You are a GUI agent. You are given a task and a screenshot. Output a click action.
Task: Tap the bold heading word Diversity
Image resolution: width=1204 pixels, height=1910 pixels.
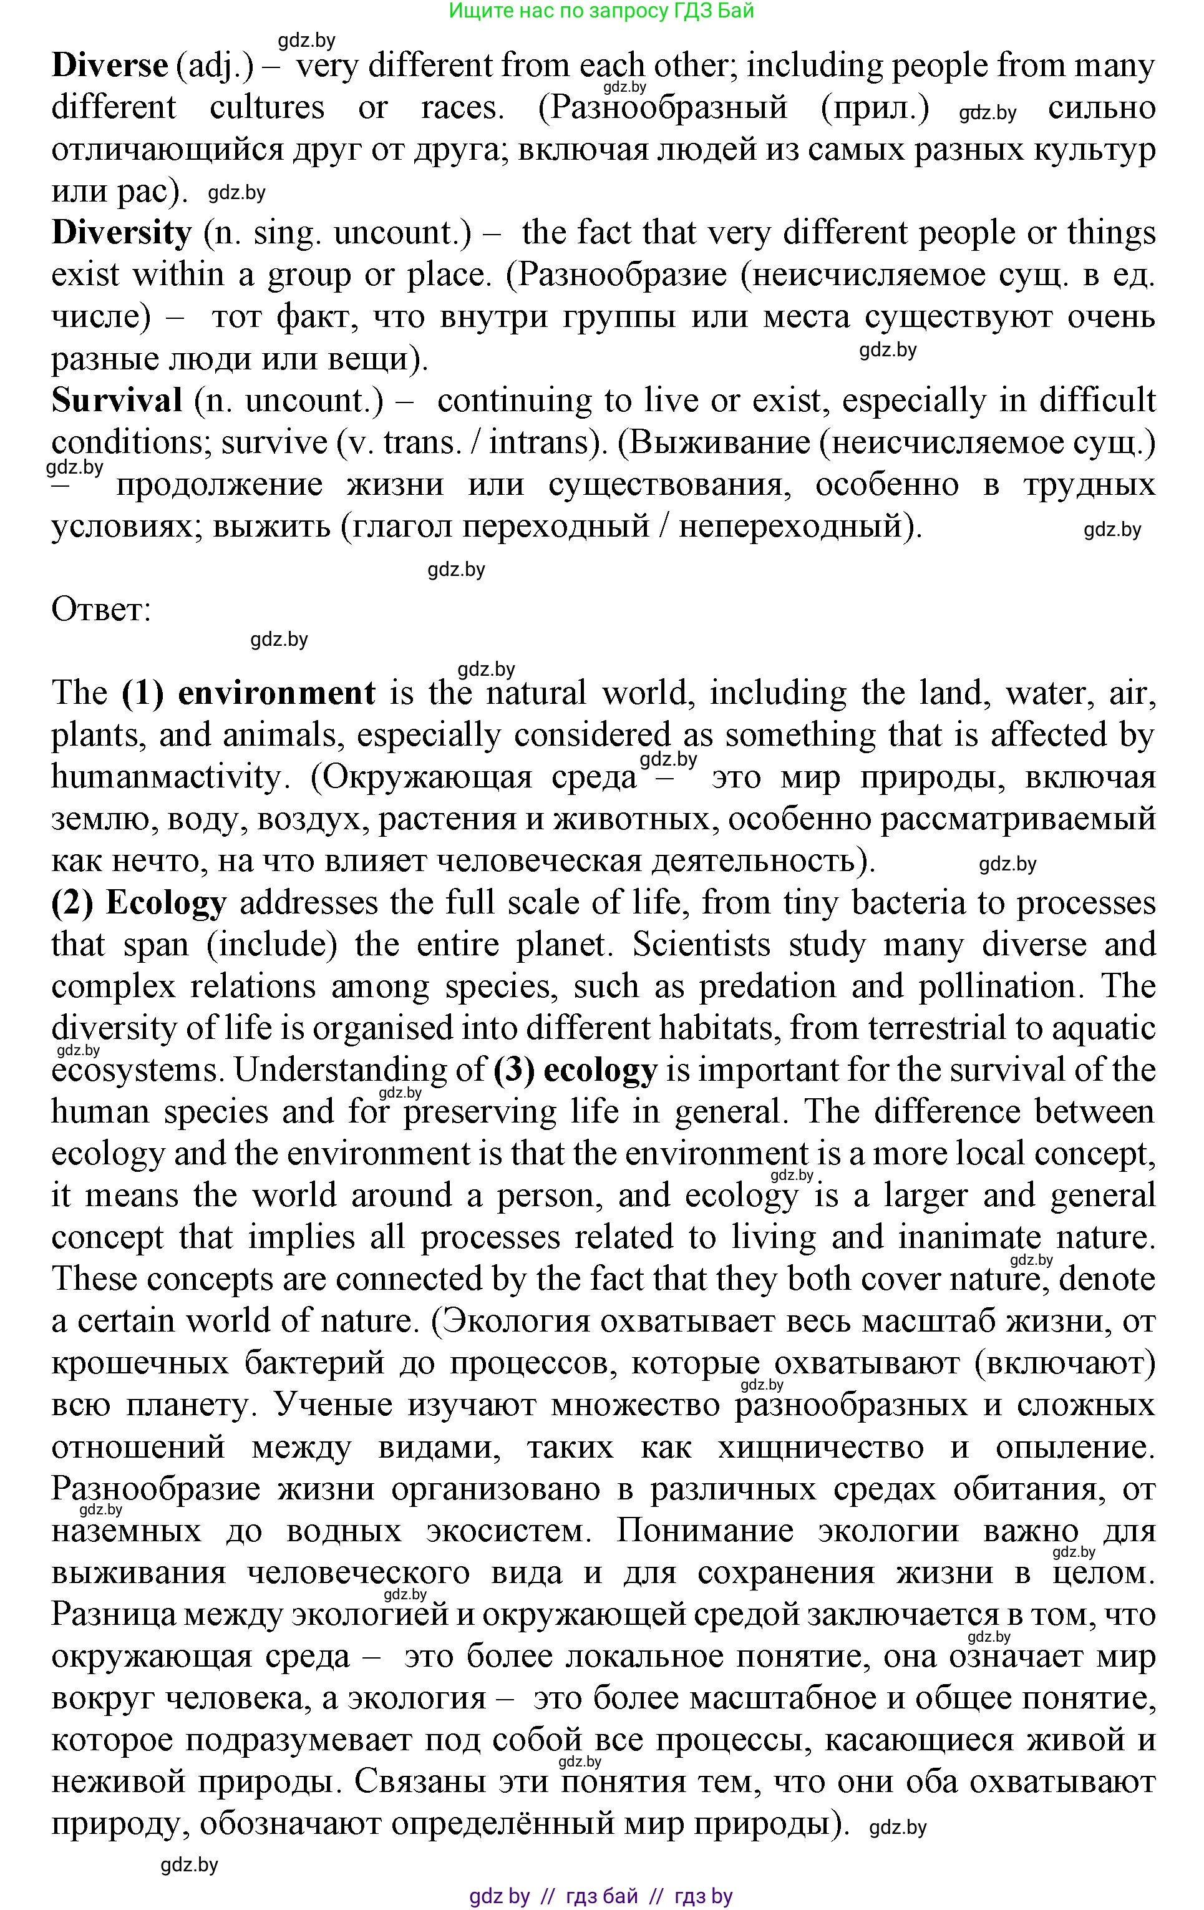pos(122,232)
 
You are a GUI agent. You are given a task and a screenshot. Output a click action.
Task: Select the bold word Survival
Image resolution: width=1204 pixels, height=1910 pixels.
pos(117,401)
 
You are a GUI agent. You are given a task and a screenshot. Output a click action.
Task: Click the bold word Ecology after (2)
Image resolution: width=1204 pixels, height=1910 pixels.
pos(166,903)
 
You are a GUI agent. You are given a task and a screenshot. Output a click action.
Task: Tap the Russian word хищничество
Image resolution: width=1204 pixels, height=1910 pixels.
pos(820,1448)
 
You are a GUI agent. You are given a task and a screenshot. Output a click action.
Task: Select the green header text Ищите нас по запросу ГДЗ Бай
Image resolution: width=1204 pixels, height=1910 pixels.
pos(601,11)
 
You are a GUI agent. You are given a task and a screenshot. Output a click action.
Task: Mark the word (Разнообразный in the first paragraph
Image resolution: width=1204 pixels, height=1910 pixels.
pos(663,107)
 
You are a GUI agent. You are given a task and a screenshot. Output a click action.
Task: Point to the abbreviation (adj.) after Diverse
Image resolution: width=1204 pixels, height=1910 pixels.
pos(215,65)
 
